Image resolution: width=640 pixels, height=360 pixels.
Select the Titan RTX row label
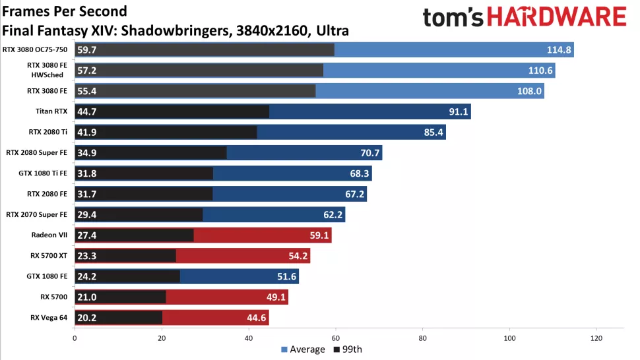(x=51, y=111)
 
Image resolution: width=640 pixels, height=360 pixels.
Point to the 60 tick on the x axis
(x=335, y=338)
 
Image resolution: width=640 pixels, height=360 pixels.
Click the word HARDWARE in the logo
(x=561, y=18)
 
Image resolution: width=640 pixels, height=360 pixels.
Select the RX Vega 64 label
(x=48, y=317)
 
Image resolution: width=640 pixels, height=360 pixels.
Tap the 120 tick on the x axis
(x=596, y=338)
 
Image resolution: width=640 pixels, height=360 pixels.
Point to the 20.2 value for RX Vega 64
(x=87, y=318)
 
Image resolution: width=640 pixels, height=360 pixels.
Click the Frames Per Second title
(x=65, y=12)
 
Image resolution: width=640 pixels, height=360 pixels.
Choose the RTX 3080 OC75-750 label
(x=38, y=49)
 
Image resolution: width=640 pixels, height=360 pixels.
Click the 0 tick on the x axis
(x=75, y=338)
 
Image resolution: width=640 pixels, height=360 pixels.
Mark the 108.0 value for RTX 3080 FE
(x=530, y=92)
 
